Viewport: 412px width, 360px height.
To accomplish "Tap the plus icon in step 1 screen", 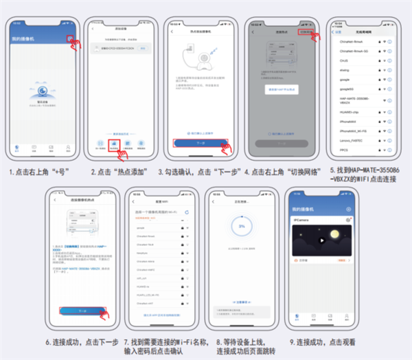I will [69, 38].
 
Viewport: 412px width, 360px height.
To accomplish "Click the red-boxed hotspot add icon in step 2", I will [115, 145].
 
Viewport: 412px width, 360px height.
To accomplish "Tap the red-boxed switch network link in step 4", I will [306, 32].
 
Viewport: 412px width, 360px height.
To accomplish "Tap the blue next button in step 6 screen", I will [82, 311].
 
